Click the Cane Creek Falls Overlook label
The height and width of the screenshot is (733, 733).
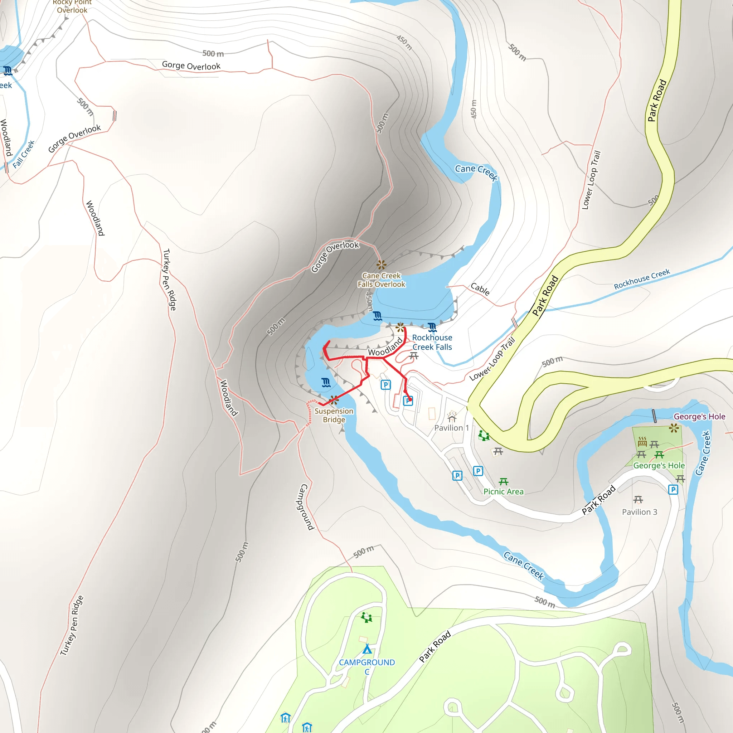tap(381, 280)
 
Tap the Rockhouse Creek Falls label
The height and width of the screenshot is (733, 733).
tap(432, 342)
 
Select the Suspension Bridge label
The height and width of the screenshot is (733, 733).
tap(334, 415)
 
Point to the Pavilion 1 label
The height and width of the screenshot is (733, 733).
tap(451, 428)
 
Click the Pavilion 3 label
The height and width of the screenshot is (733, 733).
tap(639, 512)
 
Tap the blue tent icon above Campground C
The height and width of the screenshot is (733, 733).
tap(367, 649)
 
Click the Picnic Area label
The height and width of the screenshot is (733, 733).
tap(504, 492)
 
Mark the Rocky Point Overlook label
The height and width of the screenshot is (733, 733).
tap(72, 6)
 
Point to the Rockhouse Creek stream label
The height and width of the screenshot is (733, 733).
tap(642, 279)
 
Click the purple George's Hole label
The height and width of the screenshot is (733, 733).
tap(699, 417)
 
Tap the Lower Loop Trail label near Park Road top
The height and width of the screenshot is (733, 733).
tap(592, 180)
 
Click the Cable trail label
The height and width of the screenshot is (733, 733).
tap(480, 289)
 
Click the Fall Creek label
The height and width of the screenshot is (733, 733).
tap(24, 154)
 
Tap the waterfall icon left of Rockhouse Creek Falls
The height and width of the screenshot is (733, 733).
tap(378, 316)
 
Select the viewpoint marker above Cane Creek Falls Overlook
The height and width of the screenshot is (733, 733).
tap(381, 264)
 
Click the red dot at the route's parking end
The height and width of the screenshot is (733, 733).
tap(410, 399)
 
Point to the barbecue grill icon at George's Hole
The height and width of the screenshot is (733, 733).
tap(642, 442)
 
